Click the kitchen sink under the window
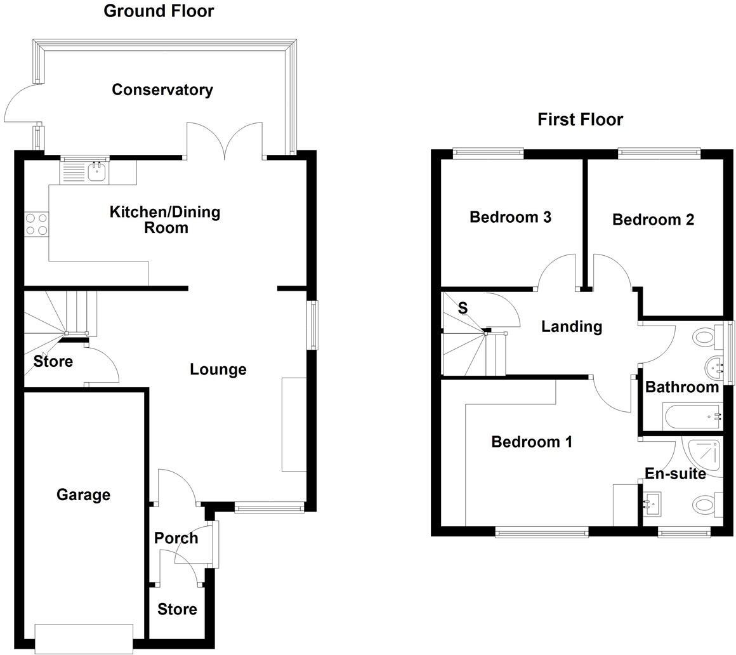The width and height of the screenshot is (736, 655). [x=96, y=171]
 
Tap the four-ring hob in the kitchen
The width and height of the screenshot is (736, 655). [x=36, y=225]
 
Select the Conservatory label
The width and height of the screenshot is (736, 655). [x=162, y=89]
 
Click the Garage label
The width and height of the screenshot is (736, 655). [x=83, y=494]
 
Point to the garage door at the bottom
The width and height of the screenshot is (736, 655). [x=84, y=638]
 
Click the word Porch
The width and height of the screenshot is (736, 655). [x=176, y=538]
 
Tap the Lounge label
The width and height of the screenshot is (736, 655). [x=218, y=369]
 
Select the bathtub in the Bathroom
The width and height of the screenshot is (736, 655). [x=692, y=416]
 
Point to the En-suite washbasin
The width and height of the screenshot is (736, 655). [x=650, y=503]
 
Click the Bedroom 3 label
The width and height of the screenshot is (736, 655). [x=510, y=217]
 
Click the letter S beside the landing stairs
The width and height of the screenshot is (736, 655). [x=463, y=308]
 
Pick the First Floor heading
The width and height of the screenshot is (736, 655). [x=580, y=119]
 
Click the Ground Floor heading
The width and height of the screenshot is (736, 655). [x=159, y=11]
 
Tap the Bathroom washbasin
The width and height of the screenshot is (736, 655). [x=715, y=366]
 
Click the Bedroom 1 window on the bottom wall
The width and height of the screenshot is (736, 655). [x=541, y=533]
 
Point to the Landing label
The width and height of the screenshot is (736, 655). [x=571, y=326]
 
